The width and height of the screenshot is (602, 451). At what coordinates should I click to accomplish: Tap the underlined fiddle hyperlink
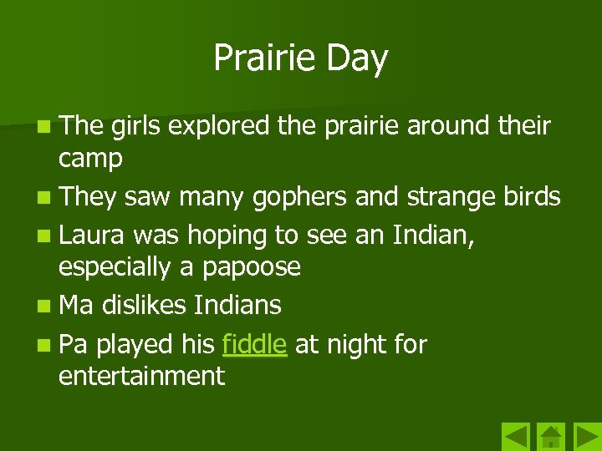(255, 344)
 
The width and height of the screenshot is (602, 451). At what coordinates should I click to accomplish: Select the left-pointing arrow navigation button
(516, 437)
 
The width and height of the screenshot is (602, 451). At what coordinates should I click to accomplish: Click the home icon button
(550, 437)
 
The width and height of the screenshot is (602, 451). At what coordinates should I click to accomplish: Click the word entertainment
(141, 376)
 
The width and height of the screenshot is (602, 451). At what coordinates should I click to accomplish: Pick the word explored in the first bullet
(219, 126)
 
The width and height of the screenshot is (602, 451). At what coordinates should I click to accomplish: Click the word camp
(90, 160)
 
